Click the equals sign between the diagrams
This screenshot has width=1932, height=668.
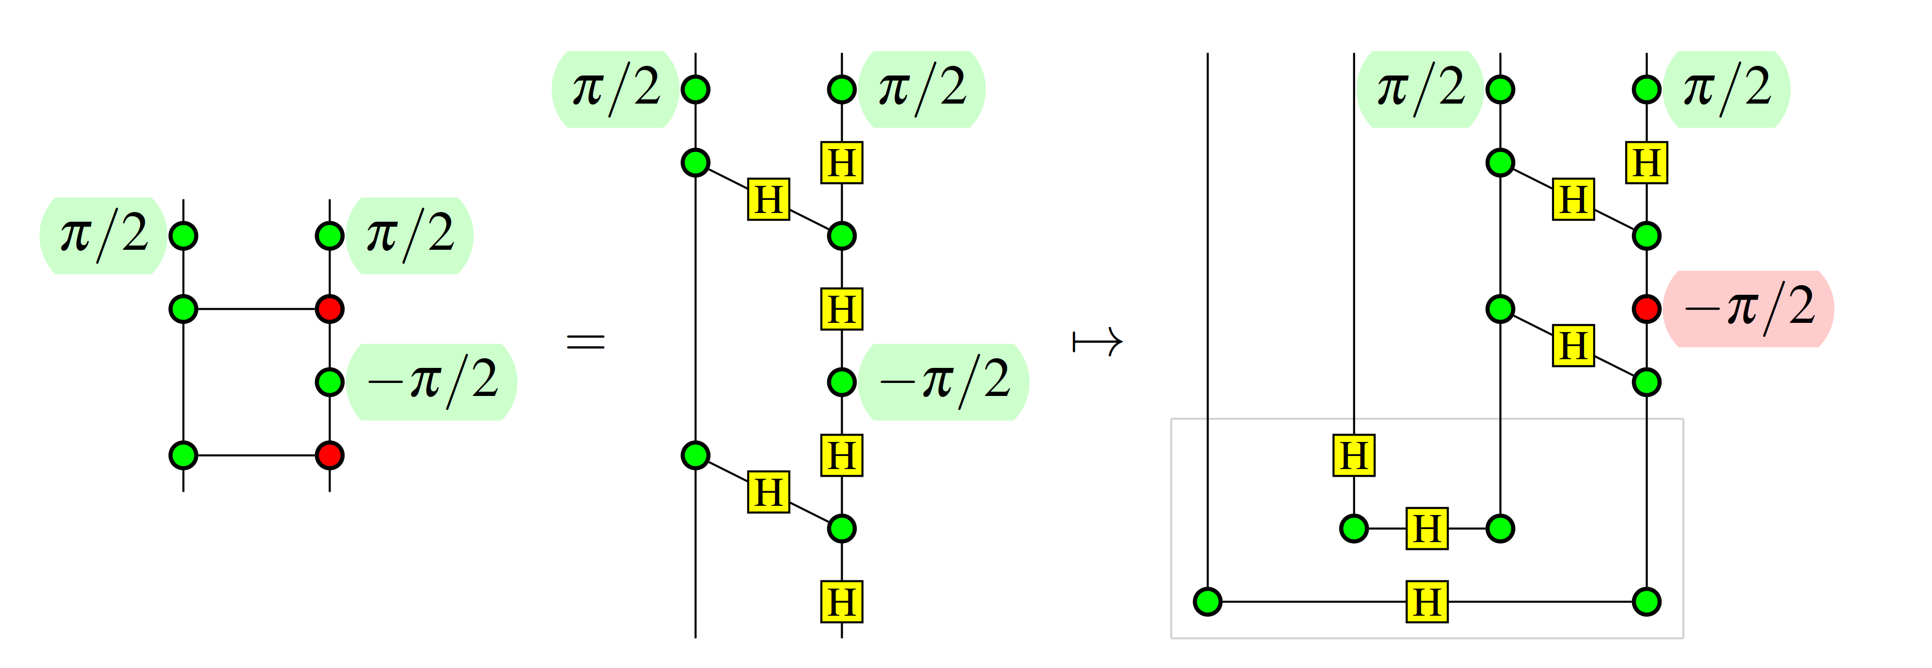coord(585,343)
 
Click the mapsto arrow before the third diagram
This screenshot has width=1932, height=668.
coord(1097,343)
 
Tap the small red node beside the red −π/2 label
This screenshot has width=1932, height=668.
coord(1646,309)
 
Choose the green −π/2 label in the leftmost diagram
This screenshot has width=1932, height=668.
coord(432,381)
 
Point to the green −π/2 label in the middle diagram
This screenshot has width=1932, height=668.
coord(944,381)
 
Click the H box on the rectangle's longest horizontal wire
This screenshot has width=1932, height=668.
coord(1427,601)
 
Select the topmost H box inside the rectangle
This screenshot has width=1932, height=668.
coord(1354,455)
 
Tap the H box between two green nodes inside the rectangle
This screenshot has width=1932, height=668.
coord(1427,529)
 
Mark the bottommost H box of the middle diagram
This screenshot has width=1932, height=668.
coord(842,601)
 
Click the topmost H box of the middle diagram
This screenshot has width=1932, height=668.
coord(842,163)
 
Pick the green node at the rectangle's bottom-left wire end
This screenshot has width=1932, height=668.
coord(1207,601)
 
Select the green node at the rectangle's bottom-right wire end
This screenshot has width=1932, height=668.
coord(1646,601)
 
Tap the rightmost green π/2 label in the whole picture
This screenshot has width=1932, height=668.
coord(1726,89)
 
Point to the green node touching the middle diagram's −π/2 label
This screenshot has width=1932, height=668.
coord(842,381)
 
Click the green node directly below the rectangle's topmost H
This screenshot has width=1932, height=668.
coord(1354,529)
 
